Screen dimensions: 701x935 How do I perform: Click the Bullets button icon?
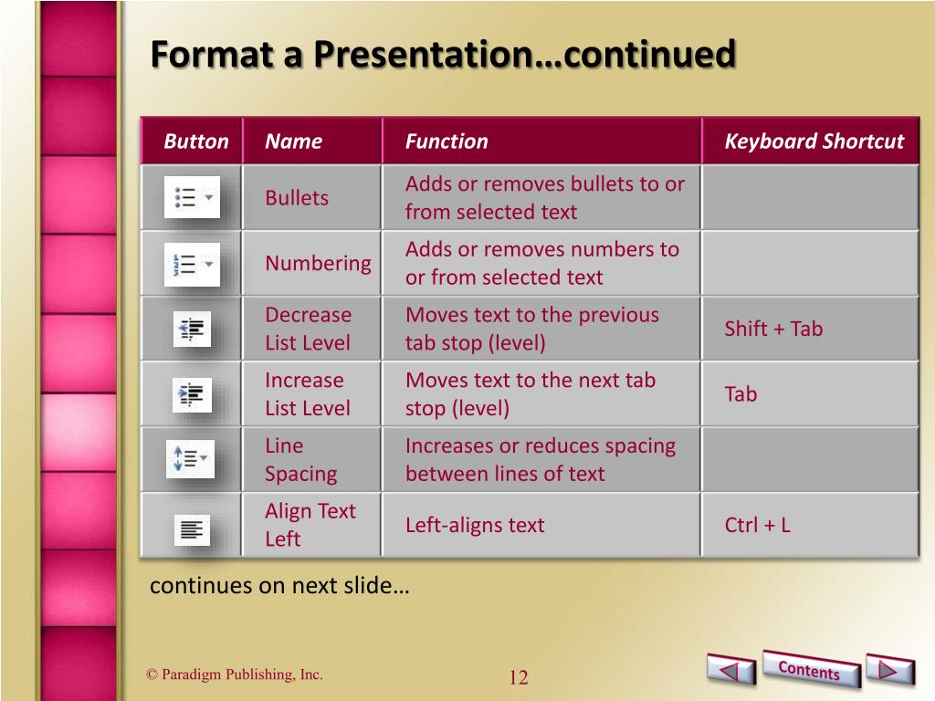(192, 197)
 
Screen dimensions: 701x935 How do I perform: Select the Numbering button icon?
(192, 264)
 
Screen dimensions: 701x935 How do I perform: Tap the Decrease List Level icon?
(192, 329)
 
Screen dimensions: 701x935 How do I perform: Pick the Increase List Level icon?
(192, 394)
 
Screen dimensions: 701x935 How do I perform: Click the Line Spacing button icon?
(190, 459)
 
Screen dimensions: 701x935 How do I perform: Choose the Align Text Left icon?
(192, 528)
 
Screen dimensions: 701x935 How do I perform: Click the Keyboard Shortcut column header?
(814, 141)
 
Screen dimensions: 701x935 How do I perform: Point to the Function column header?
(446, 141)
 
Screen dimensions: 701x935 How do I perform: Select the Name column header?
(293, 141)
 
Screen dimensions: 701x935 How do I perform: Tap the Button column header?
(196, 141)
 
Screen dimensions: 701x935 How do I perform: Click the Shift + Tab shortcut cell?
(773, 329)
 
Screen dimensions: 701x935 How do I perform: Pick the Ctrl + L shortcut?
(757, 525)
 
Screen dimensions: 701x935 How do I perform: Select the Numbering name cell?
(318, 264)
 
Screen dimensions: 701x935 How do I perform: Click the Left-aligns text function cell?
(475, 525)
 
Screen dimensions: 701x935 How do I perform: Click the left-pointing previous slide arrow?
(730, 672)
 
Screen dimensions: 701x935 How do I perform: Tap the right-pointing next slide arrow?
(889, 670)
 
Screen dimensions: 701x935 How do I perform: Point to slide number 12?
(519, 677)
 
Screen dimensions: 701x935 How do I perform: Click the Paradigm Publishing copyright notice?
(235, 675)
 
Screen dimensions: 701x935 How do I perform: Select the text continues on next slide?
(279, 585)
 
